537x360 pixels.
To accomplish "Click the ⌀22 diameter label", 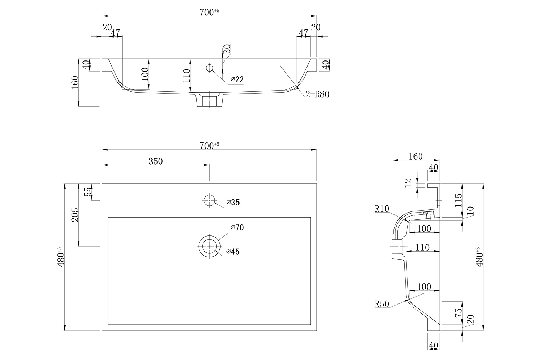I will pyautogui.click(x=237, y=79).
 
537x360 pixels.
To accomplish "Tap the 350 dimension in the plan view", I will pyautogui.click(x=156, y=161).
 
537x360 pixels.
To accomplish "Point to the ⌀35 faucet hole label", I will pyautogui.click(x=233, y=203).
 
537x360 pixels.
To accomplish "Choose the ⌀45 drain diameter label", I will pyautogui.click(x=233, y=252).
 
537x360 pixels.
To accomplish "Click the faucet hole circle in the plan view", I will pyautogui.click(x=209, y=200).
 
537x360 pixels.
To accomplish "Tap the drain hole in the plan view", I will pyautogui.click(x=209, y=246).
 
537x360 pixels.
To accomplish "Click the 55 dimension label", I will pyautogui.click(x=88, y=192).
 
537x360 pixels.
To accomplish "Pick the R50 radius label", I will pyautogui.click(x=382, y=304).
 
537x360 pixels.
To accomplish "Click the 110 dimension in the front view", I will pyautogui.click(x=187, y=76).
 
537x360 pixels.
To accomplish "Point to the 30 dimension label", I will pyautogui.click(x=227, y=49).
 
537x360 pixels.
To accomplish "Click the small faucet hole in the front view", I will pyautogui.click(x=209, y=67).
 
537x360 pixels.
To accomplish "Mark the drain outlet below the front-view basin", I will pyautogui.click(x=209, y=100).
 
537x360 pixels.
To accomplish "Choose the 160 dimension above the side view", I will pyautogui.click(x=415, y=156).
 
